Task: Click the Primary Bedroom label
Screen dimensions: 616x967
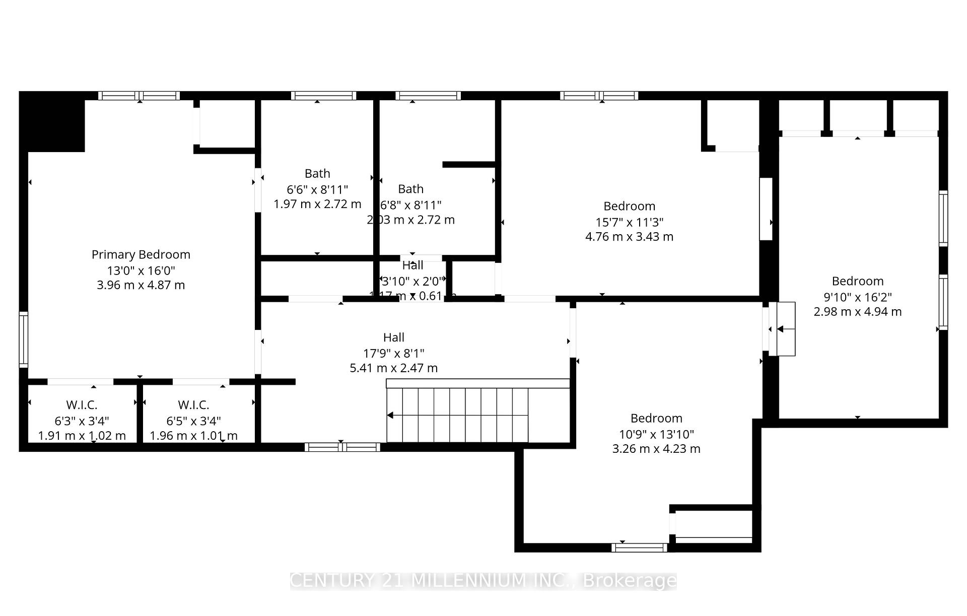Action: (141, 254)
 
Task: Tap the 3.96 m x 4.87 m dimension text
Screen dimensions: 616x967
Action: (141, 285)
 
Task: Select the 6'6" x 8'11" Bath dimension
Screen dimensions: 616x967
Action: (317, 189)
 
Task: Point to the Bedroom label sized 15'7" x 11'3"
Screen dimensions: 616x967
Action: (629, 206)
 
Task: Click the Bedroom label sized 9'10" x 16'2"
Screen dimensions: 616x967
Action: (857, 281)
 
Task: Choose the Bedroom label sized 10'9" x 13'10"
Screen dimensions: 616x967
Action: (656, 418)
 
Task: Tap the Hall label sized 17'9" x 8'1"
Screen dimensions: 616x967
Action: (393, 337)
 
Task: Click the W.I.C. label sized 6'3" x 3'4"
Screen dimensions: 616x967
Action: (82, 405)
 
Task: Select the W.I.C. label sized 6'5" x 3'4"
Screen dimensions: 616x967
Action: (193, 405)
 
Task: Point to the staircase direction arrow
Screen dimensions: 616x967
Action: (390, 416)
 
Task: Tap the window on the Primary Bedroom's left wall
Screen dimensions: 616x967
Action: (23, 339)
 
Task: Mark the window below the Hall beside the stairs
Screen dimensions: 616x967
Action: (342, 447)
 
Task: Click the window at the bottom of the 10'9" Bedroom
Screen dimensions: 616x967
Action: (640, 547)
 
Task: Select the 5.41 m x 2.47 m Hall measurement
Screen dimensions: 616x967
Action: (393, 368)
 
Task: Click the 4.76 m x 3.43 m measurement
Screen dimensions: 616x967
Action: (629, 237)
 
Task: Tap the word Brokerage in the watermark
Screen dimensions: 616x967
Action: (630, 581)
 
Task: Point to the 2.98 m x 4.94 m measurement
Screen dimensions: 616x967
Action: (857, 312)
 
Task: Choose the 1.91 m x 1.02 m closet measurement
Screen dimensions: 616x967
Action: (82, 436)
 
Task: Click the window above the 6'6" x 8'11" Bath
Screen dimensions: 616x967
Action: (323, 96)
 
